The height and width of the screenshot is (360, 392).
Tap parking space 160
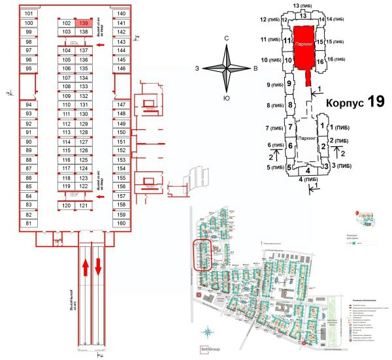coord(121,223)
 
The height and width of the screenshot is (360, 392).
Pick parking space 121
coord(84,206)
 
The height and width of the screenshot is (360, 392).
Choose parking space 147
coord(121,105)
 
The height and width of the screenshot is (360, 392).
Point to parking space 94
coord(29,105)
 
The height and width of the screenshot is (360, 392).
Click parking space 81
coord(29,223)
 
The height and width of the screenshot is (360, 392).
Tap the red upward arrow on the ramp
coord(84,267)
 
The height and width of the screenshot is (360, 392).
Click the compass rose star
coord(227,68)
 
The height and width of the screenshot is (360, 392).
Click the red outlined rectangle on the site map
coord(203,255)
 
